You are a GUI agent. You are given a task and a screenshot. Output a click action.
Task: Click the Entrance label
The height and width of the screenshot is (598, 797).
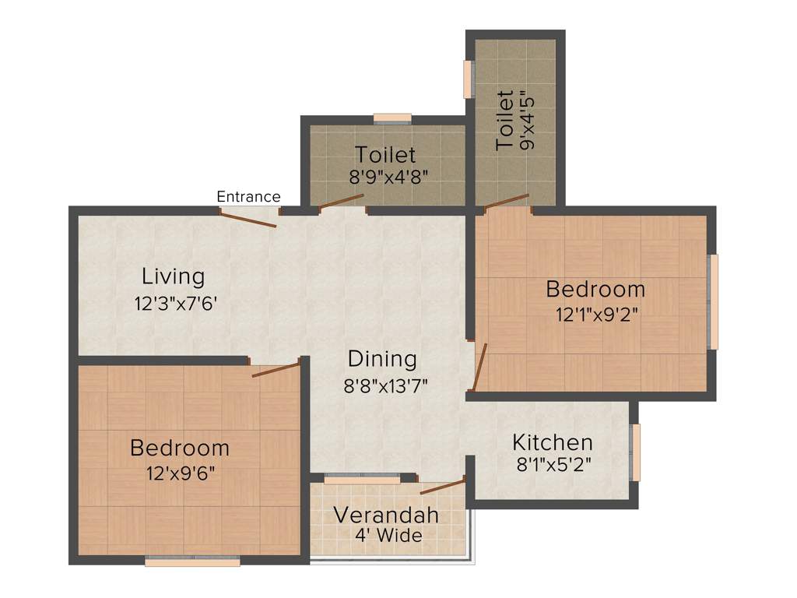click(248, 197)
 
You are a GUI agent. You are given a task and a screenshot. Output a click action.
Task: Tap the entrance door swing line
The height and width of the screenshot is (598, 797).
click(248, 218)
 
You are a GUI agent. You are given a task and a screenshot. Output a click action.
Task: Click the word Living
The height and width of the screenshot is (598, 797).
click(173, 276)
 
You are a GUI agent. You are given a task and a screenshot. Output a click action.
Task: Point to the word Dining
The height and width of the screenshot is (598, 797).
click(382, 359)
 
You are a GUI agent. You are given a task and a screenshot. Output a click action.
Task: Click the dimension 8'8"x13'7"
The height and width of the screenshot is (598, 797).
click(386, 385)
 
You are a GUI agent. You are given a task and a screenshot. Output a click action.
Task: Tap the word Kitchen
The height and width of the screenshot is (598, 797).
click(553, 443)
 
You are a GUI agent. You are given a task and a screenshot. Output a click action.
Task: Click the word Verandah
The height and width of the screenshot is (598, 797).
click(386, 515)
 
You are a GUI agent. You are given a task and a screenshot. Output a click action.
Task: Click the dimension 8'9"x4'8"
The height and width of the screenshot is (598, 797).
click(388, 176)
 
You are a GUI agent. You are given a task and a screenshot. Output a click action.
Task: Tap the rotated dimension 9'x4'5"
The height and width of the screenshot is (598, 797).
click(528, 121)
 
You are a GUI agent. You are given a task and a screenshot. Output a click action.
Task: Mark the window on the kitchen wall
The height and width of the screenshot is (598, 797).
click(636, 452)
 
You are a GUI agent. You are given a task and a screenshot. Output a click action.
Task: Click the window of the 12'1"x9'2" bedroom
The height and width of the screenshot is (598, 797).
click(714, 301)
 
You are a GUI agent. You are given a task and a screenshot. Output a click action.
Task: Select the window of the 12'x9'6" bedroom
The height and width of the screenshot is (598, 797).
click(191, 561)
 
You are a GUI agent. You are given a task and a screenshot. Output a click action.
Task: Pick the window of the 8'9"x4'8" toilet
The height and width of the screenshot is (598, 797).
click(392, 118)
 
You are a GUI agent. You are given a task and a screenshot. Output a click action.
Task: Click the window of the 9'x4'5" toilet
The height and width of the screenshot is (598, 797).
click(469, 79)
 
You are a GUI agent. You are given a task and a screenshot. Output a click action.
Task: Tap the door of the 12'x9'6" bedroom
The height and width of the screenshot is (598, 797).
click(276, 368)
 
